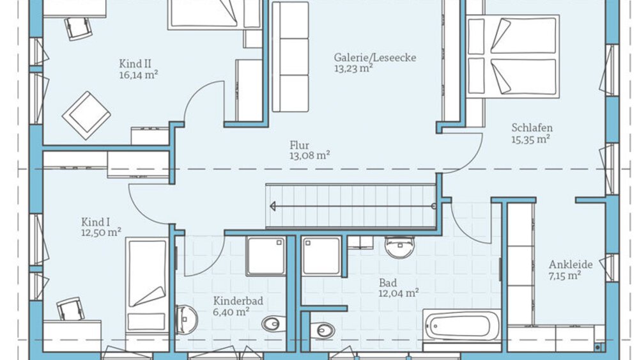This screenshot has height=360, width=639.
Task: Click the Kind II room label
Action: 135,64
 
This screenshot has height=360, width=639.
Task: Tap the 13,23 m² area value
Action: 353,68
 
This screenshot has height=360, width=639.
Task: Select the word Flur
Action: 300,145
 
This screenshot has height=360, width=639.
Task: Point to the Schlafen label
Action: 532,128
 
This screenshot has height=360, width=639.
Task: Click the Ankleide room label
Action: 571,264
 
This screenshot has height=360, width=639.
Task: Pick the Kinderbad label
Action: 238,301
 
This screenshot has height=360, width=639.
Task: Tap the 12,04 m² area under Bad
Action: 399,293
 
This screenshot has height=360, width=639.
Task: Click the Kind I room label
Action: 95,222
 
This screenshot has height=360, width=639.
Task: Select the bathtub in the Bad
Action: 461,326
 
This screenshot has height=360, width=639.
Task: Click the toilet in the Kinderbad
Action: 274,324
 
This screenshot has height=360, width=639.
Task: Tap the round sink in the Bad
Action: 400,247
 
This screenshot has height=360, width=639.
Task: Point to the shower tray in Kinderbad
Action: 266,256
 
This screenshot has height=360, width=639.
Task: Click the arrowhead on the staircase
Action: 273,207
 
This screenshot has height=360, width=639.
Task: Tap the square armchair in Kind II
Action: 86,115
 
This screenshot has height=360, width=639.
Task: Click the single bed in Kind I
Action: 147,285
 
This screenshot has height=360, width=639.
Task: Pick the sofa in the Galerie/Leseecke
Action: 291,57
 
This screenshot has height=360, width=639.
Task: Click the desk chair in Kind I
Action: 70,309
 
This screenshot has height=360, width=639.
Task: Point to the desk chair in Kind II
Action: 78,27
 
